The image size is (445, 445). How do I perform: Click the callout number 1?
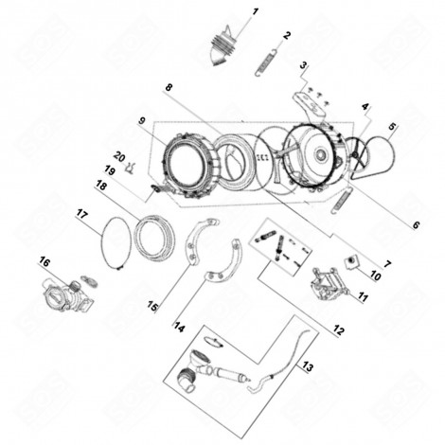coord(255,12)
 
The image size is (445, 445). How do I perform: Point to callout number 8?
coord(168,88)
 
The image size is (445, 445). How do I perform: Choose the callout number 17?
coord(81,216)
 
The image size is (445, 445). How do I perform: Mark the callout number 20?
coord(119,156)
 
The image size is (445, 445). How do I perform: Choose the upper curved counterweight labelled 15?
coord(200,241)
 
